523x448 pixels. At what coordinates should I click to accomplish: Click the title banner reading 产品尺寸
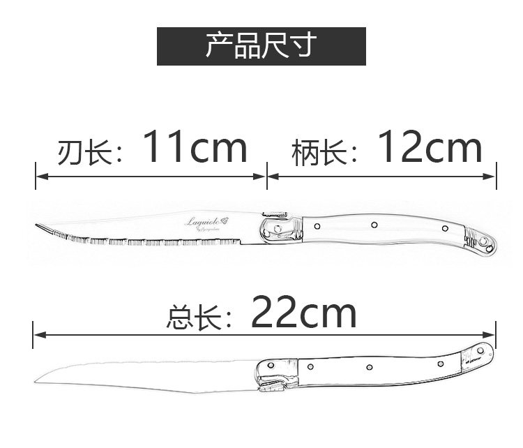261,46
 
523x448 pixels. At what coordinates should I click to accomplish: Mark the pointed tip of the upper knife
37,225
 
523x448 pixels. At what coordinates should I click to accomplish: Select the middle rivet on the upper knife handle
374,225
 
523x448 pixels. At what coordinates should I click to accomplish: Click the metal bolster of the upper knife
280,228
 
